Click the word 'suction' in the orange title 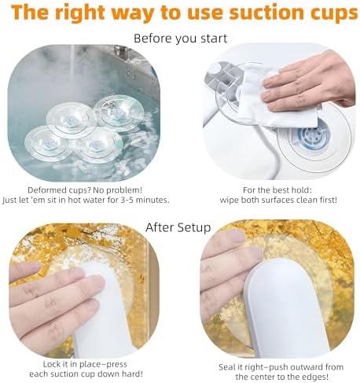click(x=264, y=12)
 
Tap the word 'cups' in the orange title click(x=331, y=13)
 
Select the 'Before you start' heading click(x=181, y=39)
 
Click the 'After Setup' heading click(x=178, y=227)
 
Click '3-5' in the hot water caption click(x=129, y=200)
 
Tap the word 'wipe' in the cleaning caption click(x=229, y=201)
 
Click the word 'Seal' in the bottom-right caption click(x=227, y=367)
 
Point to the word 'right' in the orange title click(x=83, y=13)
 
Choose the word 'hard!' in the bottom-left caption click(x=132, y=374)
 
